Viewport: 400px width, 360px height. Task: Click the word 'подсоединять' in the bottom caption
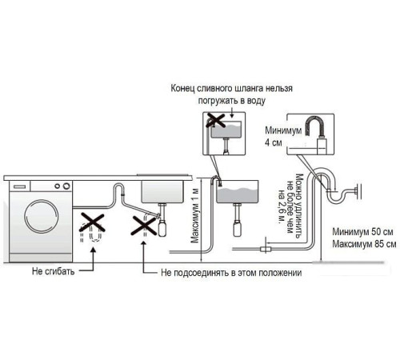(x=203, y=273)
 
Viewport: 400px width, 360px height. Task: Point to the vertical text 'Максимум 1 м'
(x=194, y=216)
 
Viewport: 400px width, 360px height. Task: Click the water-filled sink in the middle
(x=238, y=194)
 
